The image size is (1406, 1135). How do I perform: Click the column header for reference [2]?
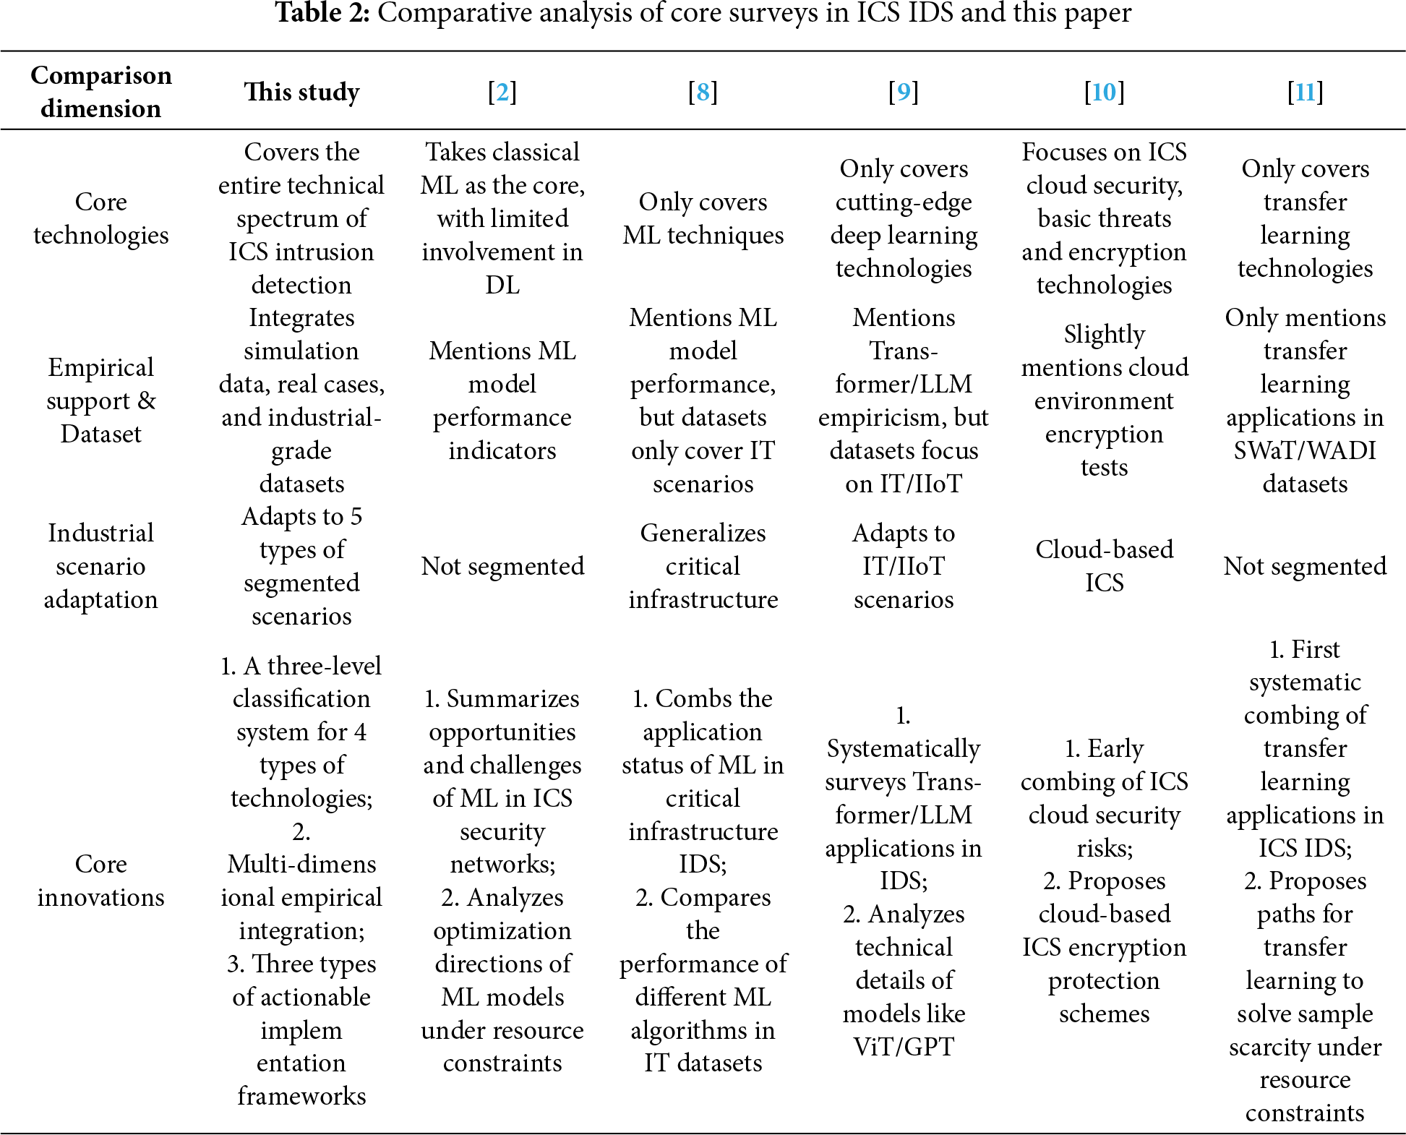[x=502, y=93]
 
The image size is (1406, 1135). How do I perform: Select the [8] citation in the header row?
[x=703, y=93]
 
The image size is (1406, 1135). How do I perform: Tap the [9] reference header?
[x=904, y=93]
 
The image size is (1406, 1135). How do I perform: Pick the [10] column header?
[x=1104, y=93]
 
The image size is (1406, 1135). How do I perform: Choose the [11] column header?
[x=1305, y=93]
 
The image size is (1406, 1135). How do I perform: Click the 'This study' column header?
[x=301, y=93]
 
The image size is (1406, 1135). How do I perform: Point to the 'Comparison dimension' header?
[x=101, y=92]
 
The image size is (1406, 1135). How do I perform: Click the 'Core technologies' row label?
[x=101, y=218]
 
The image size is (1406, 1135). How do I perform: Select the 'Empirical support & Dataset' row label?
[x=101, y=401]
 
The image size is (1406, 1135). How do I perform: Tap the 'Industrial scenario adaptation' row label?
[x=101, y=566]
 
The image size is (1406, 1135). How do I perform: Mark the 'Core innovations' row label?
[x=101, y=881]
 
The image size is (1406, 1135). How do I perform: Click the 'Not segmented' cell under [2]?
[x=502, y=566]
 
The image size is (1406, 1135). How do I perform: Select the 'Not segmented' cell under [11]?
[x=1305, y=566]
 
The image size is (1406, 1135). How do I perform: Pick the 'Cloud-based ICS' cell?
[x=1104, y=566]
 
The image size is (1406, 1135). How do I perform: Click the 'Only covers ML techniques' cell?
[x=703, y=218]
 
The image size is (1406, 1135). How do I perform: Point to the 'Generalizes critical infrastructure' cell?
[x=703, y=566]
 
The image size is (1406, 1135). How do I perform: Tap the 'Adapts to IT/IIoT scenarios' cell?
[x=904, y=566]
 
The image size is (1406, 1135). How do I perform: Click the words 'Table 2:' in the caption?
[x=322, y=13]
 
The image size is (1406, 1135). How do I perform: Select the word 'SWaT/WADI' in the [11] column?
[x=1305, y=450]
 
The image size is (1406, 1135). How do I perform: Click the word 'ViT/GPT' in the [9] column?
[x=904, y=1046]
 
